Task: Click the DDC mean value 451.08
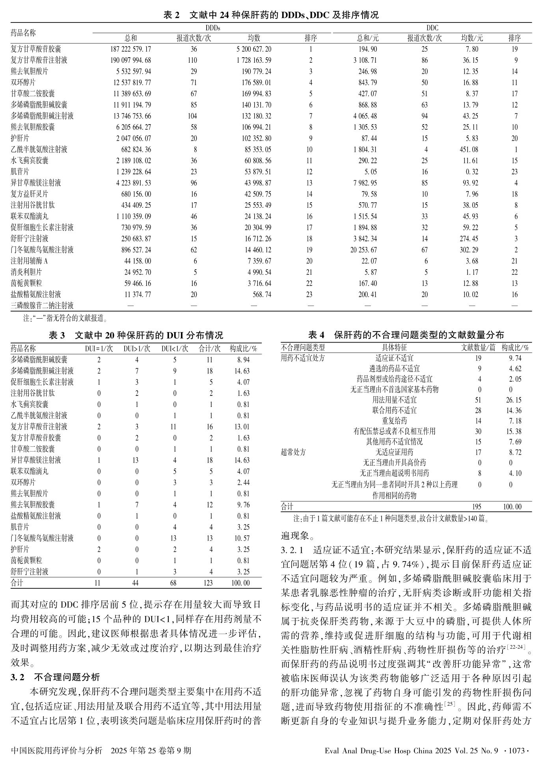(472, 149)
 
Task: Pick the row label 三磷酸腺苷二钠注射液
(42, 306)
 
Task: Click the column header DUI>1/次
(137, 349)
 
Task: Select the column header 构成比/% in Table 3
(243, 349)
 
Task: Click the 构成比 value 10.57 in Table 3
(243, 538)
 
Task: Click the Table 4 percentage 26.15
(514, 400)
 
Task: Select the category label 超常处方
(293, 452)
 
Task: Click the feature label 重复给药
(394, 421)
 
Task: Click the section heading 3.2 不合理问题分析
(56, 677)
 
